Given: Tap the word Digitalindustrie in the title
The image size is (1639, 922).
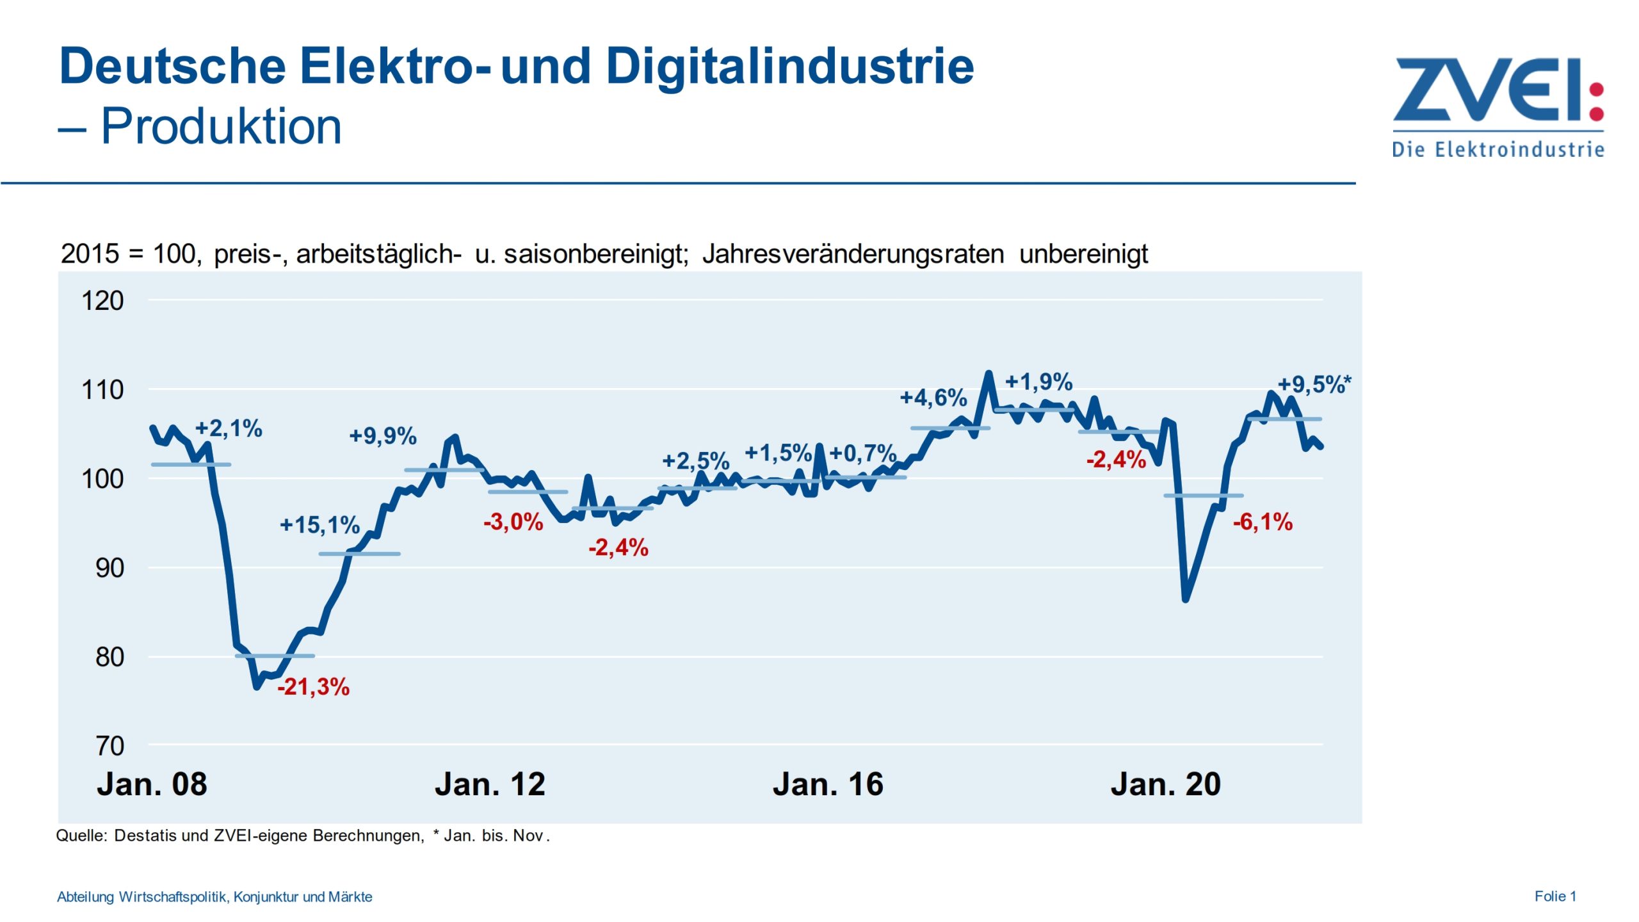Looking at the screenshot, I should (x=789, y=66).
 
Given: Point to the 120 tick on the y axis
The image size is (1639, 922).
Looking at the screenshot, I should (x=102, y=301).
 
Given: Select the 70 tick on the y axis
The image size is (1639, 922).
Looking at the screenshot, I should (x=109, y=746).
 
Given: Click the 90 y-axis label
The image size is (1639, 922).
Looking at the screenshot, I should (x=109, y=568).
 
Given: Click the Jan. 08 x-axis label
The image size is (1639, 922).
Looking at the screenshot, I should (x=152, y=784).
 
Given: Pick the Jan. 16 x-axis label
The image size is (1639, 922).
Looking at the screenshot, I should (x=827, y=784).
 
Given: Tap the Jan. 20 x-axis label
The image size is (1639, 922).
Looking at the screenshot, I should (x=1165, y=784).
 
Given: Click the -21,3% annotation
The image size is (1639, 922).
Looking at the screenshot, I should (x=313, y=687).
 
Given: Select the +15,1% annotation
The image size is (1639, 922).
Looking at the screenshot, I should (x=319, y=525).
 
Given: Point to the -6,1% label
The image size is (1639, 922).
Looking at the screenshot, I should (x=1262, y=522).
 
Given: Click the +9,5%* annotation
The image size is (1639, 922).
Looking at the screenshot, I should (x=1314, y=384).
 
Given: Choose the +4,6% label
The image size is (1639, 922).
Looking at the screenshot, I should (x=933, y=398).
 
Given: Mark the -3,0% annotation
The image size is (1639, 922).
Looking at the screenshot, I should (x=513, y=522).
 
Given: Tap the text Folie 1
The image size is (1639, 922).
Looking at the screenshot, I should (x=1554, y=896).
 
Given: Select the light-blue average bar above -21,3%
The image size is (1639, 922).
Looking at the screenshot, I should (x=275, y=656).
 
